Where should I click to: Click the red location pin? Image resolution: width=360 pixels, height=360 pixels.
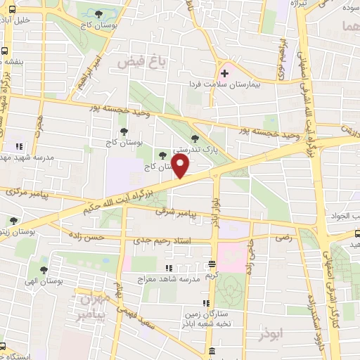181,167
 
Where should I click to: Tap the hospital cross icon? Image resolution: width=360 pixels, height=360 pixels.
225,72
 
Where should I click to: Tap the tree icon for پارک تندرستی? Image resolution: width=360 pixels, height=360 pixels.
195,138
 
